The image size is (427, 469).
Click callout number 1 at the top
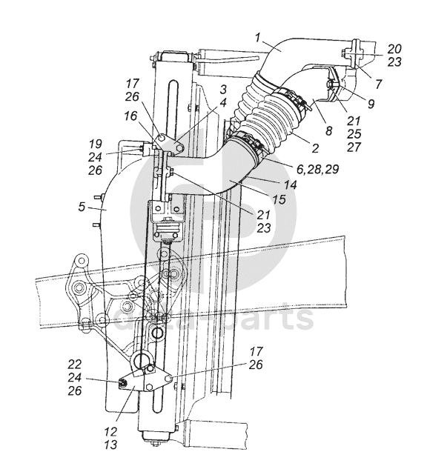click(x=259, y=39)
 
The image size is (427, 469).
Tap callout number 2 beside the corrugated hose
click(x=315, y=148)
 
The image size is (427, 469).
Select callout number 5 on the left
click(x=82, y=207)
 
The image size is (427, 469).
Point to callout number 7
click(x=379, y=84)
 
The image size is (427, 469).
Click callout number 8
click(x=329, y=130)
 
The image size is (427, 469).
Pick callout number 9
click(x=371, y=104)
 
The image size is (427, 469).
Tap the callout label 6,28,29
click(x=318, y=169)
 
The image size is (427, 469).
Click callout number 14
click(x=290, y=184)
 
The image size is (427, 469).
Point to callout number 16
click(x=130, y=116)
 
